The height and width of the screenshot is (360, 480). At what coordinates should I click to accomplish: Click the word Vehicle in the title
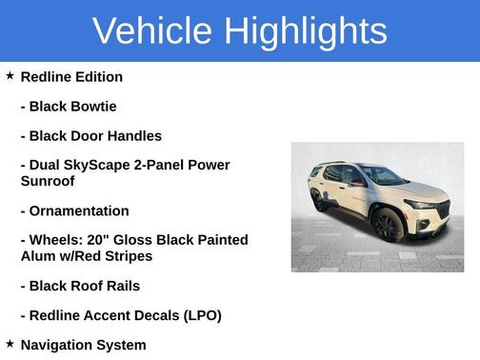[x=152, y=30]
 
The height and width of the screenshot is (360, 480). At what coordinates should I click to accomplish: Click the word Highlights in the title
[x=306, y=30]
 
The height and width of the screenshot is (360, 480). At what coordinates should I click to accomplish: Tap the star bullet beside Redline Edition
[x=10, y=75]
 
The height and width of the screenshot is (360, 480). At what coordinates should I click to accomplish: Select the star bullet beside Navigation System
[x=10, y=344]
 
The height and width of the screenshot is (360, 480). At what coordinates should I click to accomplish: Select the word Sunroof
[x=48, y=180]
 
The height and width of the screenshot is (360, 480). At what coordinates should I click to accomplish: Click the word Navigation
[x=61, y=345]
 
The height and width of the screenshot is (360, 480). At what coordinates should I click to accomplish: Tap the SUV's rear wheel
[x=318, y=202]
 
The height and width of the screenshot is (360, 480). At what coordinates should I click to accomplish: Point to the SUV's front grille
[x=443, y=210]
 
